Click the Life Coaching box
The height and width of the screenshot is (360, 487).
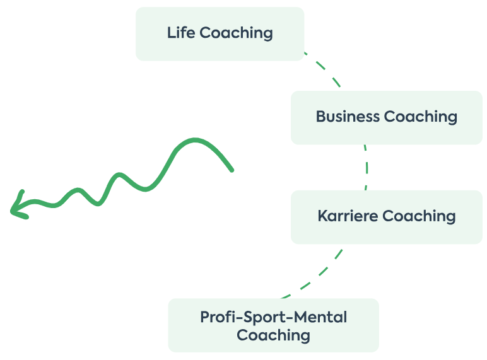[220, 33]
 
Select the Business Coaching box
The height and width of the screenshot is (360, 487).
[386, 117]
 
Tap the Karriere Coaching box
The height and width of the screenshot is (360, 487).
[386, 217]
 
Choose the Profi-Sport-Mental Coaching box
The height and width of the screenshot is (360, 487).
[273, 325]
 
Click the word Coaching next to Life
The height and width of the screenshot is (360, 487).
[237, 33]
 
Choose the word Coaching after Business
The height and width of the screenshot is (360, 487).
[421, 117]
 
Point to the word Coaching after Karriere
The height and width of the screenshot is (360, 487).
[420, 217]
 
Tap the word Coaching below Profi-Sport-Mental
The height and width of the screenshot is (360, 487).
[273, 335]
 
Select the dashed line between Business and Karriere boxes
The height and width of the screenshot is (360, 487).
[366, 167]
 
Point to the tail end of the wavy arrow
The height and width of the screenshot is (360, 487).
[231, 169]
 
